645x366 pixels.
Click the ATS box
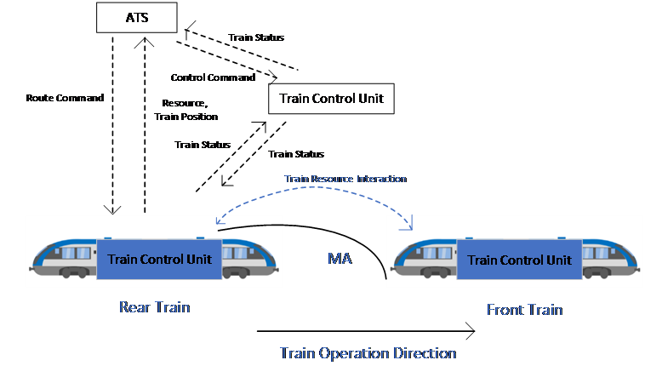(x=136, y=17)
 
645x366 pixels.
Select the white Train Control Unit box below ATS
(x=331, y=99)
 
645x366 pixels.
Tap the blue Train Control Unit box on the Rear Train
(x=159, y=259)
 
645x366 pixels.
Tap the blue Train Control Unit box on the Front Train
(x=519, y=260)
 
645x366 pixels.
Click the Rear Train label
(x=154, y=307)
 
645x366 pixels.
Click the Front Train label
(x=524, y=310)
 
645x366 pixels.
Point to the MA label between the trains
(x=340, y=257)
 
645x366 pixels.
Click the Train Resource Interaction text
(x=345, y=179)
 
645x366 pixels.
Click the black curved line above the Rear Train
(x=251, y=226)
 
